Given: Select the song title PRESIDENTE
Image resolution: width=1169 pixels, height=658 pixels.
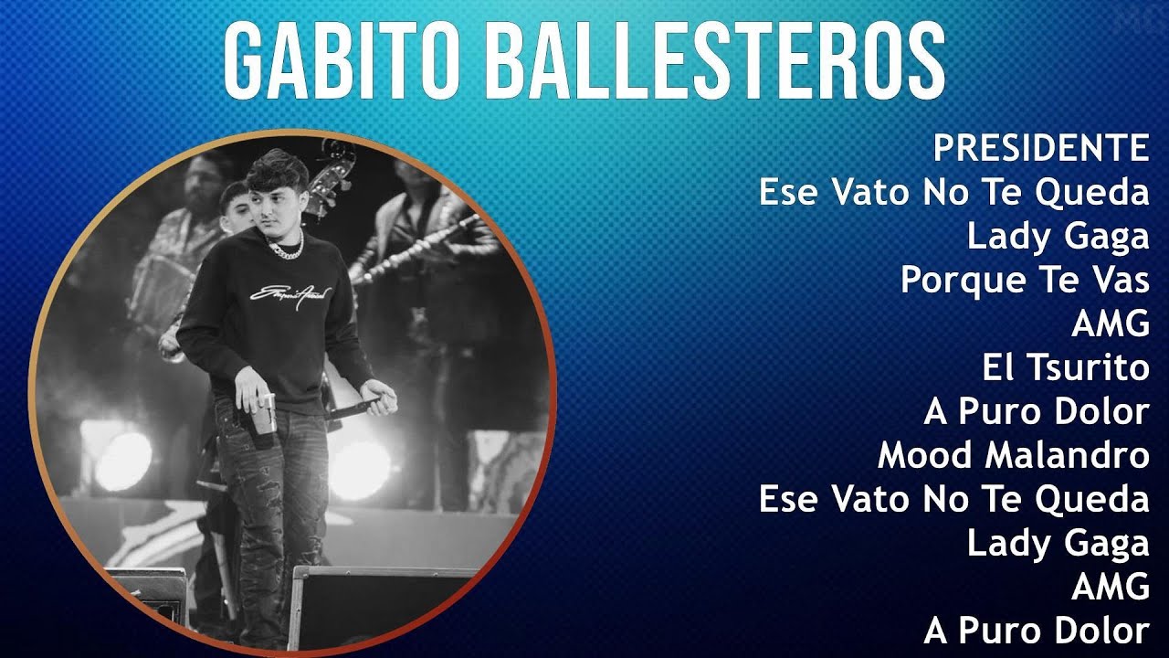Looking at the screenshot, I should point(1040,147).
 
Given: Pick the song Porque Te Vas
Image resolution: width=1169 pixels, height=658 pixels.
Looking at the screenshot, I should point(1025,280).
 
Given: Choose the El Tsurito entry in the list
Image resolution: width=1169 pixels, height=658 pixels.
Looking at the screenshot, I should point(1065,367).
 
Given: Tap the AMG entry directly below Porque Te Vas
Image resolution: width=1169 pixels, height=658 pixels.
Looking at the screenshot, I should point(1110,324).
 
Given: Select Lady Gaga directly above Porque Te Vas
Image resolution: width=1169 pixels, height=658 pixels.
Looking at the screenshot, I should point(1058,236).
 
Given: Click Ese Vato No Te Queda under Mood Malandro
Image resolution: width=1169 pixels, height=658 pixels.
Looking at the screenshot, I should point(953,499).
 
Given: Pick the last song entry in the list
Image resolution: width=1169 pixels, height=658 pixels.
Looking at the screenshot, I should point(1036,631).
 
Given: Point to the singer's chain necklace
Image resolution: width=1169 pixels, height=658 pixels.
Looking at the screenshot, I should point(285,246).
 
